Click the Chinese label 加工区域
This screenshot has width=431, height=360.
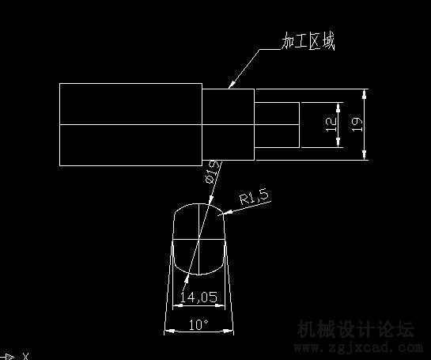(x=308, y=41)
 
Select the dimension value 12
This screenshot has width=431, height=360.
(x=331, y=124)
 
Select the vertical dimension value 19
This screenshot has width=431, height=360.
(x=357, y=124)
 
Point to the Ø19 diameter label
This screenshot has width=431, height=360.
(x=214, y=172)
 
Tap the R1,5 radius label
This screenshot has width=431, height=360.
(x=254, y=196)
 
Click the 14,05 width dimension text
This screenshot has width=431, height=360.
(x=198, y=297)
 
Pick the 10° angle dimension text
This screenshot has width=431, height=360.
(x=198, y=325)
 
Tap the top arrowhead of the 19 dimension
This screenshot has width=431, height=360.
(x=365, y=93)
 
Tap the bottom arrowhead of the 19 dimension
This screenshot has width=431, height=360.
(x=365, y=155)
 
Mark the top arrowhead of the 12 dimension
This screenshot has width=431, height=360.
(x=338, y=108)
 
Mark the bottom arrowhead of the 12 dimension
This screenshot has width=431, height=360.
(x=338, y=142)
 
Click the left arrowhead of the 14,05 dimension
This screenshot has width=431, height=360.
(x=177, y=305)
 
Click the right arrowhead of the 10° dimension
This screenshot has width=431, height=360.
(x=229, y=332)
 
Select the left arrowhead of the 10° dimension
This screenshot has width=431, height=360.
(x=169, y=331)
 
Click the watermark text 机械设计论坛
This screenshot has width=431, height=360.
(x=355, y=329)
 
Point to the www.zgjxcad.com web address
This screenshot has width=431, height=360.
(x=358, y=348)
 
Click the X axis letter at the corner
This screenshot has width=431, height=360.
(x=25, y=356)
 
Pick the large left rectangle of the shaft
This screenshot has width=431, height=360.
(x=130, y=124)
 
